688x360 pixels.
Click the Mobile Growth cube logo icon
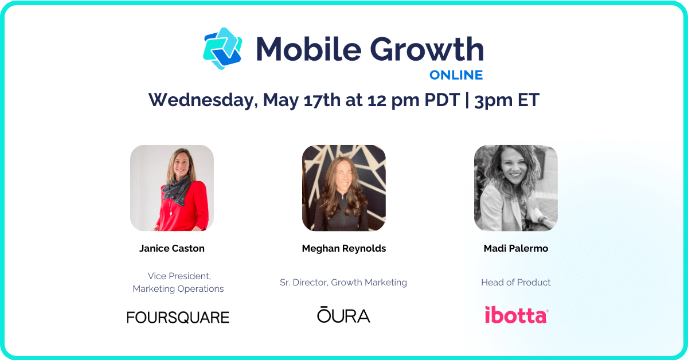(x=222, y=49)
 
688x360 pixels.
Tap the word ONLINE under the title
(x=456, y=75)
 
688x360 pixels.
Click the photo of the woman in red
(x=172, y=188)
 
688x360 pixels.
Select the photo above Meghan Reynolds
(x=344, y=188)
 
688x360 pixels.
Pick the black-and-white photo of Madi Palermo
(x=516, y=188)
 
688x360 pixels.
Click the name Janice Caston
(x=172, y=248)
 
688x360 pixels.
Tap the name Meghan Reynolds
(x=344, y=248)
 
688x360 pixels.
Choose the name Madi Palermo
(x=516, y=248)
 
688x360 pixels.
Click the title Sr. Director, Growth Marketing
(x=343, y=282)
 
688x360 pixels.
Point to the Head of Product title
(x=516, y=282)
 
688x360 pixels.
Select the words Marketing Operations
(x=178, y=289)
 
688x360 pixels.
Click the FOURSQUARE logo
(x=178, y=317)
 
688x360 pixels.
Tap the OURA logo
(x=343, y=315)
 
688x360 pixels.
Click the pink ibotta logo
(x=516, y=315)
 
